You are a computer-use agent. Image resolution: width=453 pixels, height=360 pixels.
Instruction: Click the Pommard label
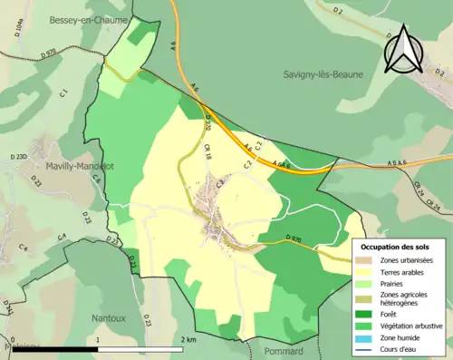(x=285, y=351)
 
